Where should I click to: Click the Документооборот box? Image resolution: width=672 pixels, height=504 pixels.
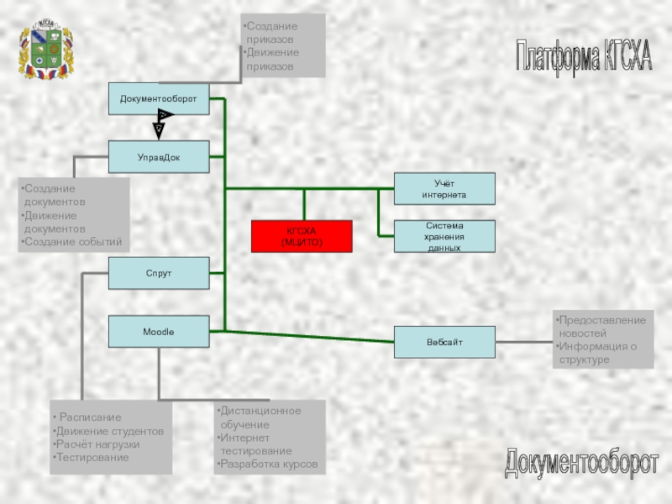[x=159, y=99]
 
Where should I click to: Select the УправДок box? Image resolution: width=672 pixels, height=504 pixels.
[x=159, y=157]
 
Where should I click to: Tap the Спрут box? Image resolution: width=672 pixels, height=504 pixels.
[x=159, y=274]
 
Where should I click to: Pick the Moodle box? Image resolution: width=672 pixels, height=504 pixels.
[x=159, y=332]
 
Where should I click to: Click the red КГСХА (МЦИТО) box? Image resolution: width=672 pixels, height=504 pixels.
[x=302, y=236]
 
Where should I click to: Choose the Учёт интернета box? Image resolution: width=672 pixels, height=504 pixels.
[x=444, y=188]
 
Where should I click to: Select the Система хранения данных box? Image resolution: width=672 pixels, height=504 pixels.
[x=444, y=237]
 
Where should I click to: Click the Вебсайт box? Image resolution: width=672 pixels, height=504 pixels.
[x=444, y=342]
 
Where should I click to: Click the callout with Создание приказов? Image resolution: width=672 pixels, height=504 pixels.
[x=283, y=46]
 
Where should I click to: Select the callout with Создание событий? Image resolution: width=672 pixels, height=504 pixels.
[x=76, y=215]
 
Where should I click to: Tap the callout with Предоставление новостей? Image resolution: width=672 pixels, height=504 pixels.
[x=602, y=340]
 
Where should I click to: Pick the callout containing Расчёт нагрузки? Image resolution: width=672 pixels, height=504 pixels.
[x=111, y=438]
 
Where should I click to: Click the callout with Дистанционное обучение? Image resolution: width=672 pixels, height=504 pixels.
[x=270, y=438]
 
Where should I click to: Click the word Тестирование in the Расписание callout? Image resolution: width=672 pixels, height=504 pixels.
[x=92, y=458]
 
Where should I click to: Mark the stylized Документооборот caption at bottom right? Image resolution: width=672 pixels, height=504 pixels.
[x=582, y=463]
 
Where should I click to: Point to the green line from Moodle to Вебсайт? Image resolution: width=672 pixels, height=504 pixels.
[x=302, y=337]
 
